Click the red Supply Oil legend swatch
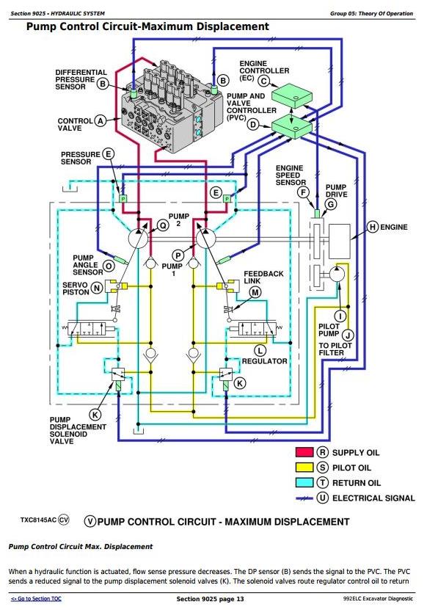coord(304,452)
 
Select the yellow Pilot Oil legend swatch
coord(304,467)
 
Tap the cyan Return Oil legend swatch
coord(304,482)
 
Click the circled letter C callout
coord(264,81)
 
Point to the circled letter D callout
coord(253,125)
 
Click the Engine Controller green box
coord(292,96)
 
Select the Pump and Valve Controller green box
coord(292,126)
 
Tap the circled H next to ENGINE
coord(373,227)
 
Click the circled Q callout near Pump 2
coord(164,225)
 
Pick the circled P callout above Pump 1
coord(178,255)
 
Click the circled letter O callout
coord(109,266)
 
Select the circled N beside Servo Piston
coord(96,288)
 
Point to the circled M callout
coord(255,292)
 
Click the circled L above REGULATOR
coord(260,351)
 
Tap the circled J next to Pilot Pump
coord(348,335)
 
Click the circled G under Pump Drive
coord(331,204)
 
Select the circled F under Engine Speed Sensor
coord(302,192)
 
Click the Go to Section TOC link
coord(36,599)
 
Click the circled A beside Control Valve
coord(101,121)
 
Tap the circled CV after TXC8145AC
coord(63,520)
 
